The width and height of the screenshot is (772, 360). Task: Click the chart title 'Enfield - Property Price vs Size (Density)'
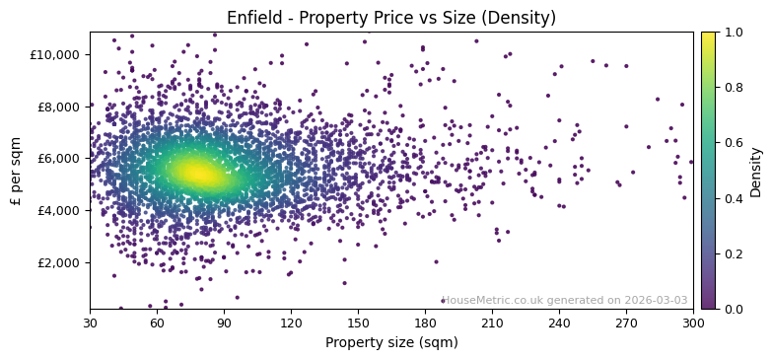[x=390, y=18]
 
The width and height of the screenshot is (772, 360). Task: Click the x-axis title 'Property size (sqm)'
[x=390, y=343]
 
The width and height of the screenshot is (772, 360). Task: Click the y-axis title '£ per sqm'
[x=16, y=171]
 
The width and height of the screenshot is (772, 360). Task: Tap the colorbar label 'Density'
[x=755, y=171]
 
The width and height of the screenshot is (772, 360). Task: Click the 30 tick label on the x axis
[x=90, y=323]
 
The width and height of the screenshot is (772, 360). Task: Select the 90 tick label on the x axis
[x=224, y=323]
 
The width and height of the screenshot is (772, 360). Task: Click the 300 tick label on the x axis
[x=693, y=323]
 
